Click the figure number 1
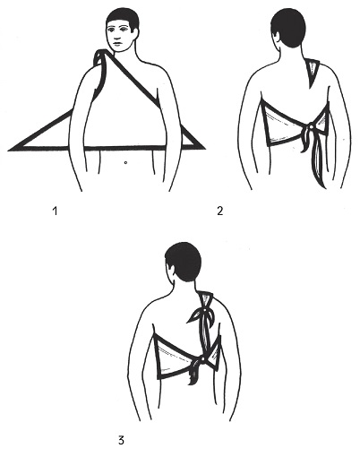pyautogui.click(x=55, y=211)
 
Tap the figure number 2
pyautogui.click(x=220, y=211)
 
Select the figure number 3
pyautogui.click(x=121, y=440)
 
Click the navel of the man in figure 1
pyautogui.click(x=125, y=162)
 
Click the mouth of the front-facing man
pyautogui.click(x=117, y=44)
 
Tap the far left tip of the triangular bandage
pyautogui.click(x=8, y=149)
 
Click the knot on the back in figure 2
pyautogui.click(x=311, y=127)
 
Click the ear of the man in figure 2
pyautogui.click(x=277, y=37)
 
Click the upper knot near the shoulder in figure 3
pyautogui.click(x=205, y=311)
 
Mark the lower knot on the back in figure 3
pyautogui.click(x=203, y=359)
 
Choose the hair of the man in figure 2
pyautogui.click(x=289, y=27)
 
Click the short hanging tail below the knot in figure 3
pyautogui.click(x=195, y=374)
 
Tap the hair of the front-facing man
pyautogui.click(x=123, y=19)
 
